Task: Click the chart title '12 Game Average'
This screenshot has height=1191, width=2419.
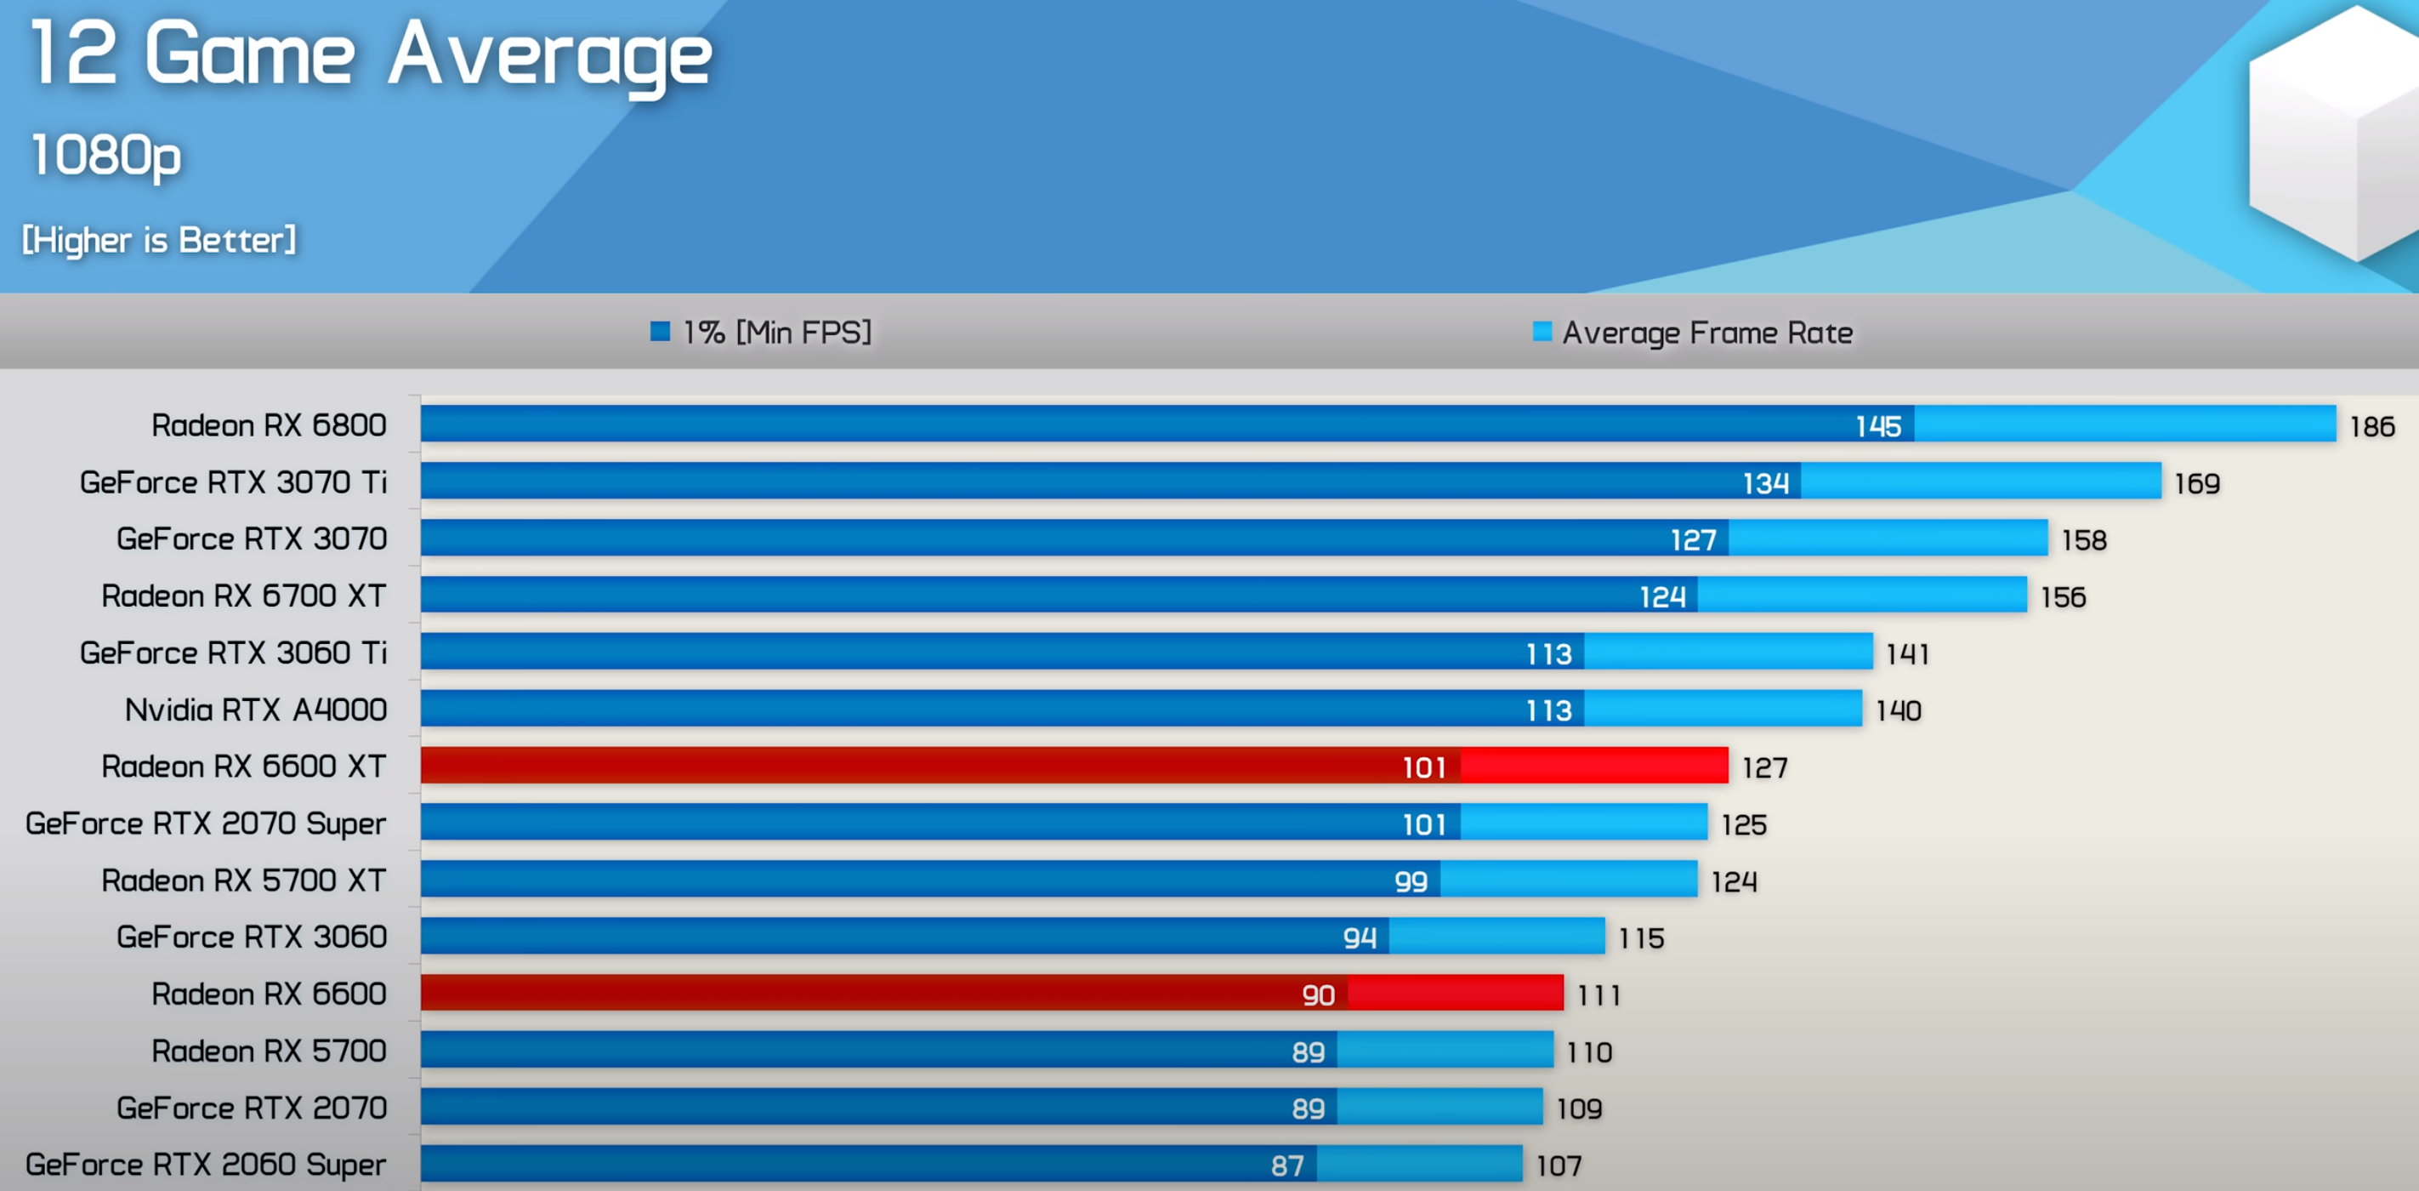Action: (x=371, y=54)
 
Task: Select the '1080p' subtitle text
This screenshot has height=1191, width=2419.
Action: (x=105, y=155)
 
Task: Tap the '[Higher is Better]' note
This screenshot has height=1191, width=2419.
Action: (x=159, y=241)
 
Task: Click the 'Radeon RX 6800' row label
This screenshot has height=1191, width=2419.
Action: (x=269, y=425)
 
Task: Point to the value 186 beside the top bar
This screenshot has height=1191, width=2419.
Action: (x=2371, y=426)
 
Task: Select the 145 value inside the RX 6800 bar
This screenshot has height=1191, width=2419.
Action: (x=1878, y=426)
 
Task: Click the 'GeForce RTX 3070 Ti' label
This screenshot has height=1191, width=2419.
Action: (x=233, y=483)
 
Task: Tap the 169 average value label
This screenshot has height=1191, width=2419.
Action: (x=2196, y=484)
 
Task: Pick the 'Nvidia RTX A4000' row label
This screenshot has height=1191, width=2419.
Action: (x=255, y=710)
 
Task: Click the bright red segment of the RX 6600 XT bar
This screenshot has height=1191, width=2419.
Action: (x=1593, y=766)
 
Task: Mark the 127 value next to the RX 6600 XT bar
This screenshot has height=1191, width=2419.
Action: (x=1763, y=768)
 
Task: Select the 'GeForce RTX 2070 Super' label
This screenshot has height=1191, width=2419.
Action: (x=205, y=823)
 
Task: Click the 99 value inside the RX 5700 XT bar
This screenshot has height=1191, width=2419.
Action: (x=1411, y=881)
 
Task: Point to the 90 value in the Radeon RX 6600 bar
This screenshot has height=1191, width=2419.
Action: (x=1318, y=994)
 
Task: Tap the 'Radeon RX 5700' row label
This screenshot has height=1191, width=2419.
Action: (x=269, y=1051)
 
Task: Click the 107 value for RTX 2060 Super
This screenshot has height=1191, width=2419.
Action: (x=1559, y=1165)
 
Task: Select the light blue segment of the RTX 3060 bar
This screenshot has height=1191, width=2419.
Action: (x=1496, y=937)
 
